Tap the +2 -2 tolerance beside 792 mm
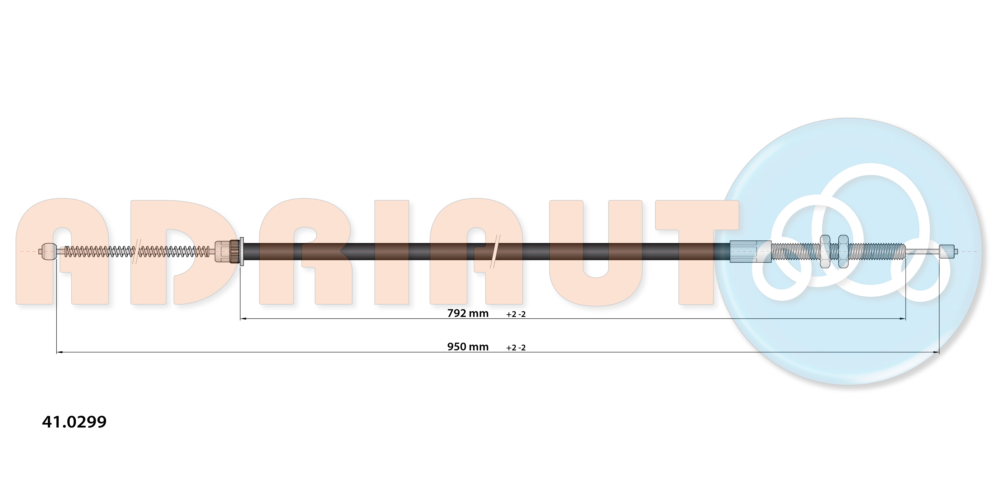[516, 314]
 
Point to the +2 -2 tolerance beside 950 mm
[516, 348]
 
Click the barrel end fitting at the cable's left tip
[49, 251]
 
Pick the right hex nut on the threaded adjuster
[843, 251]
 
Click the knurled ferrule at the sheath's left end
[227, 251]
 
